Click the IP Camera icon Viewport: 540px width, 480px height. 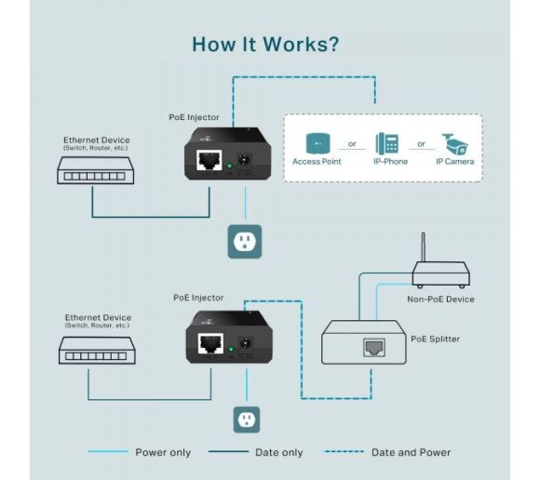click(454, 143)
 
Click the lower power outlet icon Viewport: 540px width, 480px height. click(245, 420)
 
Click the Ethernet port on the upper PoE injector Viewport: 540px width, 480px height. click(209, 160)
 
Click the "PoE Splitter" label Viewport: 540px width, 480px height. click(435, 339)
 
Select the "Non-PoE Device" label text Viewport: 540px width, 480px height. click(440, 299)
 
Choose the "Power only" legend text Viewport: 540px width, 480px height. click(163, 453)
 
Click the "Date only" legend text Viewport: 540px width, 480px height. click(279, 453)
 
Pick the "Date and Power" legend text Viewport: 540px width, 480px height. click(411, 453)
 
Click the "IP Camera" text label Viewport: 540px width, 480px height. click(454, 162)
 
